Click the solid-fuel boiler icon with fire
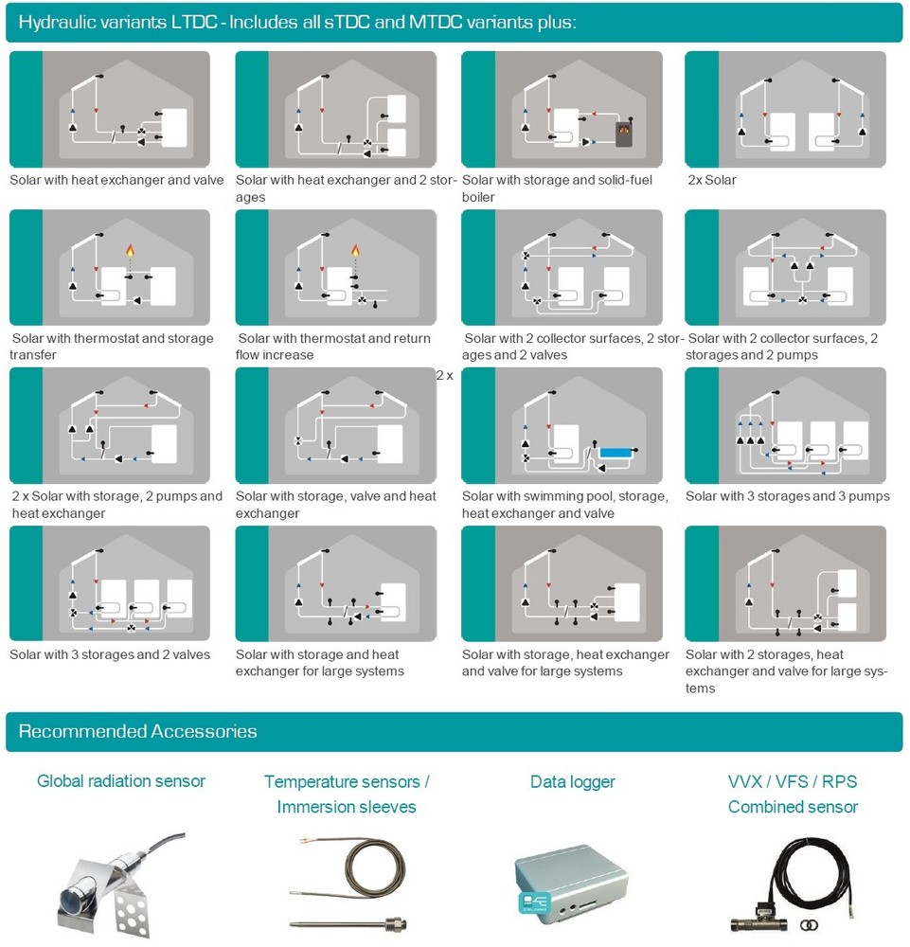click(x=624, y=134)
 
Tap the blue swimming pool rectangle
click(x=616, y=452)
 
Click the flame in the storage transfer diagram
click(x=130, y=250)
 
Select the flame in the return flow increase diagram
click(x=356, y=250)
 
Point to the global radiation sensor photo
click(x=121, y=884)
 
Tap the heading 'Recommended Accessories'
click(x=137, y=731)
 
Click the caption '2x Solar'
click(x=712, y=180)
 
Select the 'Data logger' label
click(x=573, y=781)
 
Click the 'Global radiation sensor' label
click(x=121, y=781)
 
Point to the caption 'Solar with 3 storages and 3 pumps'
click(x=788, y=496)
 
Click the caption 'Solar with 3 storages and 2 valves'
click(x=110, y=654)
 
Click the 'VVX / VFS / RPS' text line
click(x=793, y=781)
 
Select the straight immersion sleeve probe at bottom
click(x=348, y=924)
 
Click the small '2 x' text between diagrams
click(x=444, y=376)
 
